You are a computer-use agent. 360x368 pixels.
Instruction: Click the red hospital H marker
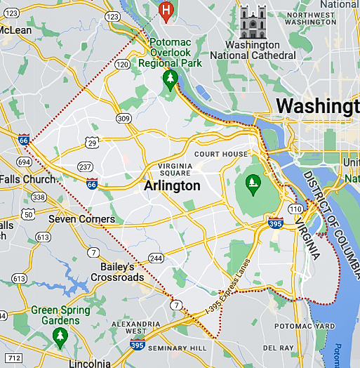166,11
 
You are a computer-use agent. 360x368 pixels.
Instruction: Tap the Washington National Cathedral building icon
253,22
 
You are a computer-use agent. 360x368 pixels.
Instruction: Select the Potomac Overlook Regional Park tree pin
169,79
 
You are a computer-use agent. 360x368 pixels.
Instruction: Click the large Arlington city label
172,186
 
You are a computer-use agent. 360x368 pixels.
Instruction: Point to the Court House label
221,154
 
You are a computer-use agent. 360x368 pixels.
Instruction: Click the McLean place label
15,30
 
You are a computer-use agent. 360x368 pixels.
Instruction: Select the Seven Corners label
81,219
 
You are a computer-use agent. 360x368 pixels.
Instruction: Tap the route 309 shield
124,119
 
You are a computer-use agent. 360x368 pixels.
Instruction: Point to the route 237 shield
86,166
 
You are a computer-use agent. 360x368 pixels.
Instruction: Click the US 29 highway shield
91,143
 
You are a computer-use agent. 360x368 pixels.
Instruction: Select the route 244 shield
156,258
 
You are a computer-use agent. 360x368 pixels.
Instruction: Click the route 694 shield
24,162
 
